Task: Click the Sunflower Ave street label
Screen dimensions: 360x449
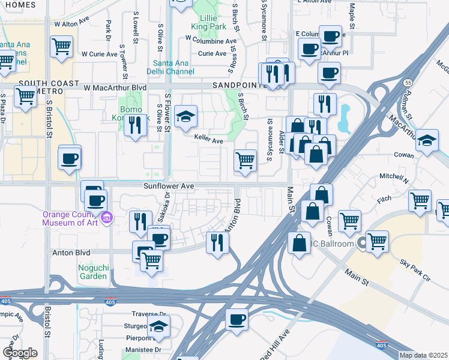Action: coord(168,187)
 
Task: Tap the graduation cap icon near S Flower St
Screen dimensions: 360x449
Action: coord(187,116)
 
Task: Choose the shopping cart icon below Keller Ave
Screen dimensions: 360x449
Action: coord(245,160)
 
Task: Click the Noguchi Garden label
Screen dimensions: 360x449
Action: coord(92,272)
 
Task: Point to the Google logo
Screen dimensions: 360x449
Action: coord(19,352)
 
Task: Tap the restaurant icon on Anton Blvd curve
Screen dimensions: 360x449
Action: coord(217,241)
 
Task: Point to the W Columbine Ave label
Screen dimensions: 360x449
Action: coord(211,40)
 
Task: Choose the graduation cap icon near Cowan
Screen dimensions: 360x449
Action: coord(427,141)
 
